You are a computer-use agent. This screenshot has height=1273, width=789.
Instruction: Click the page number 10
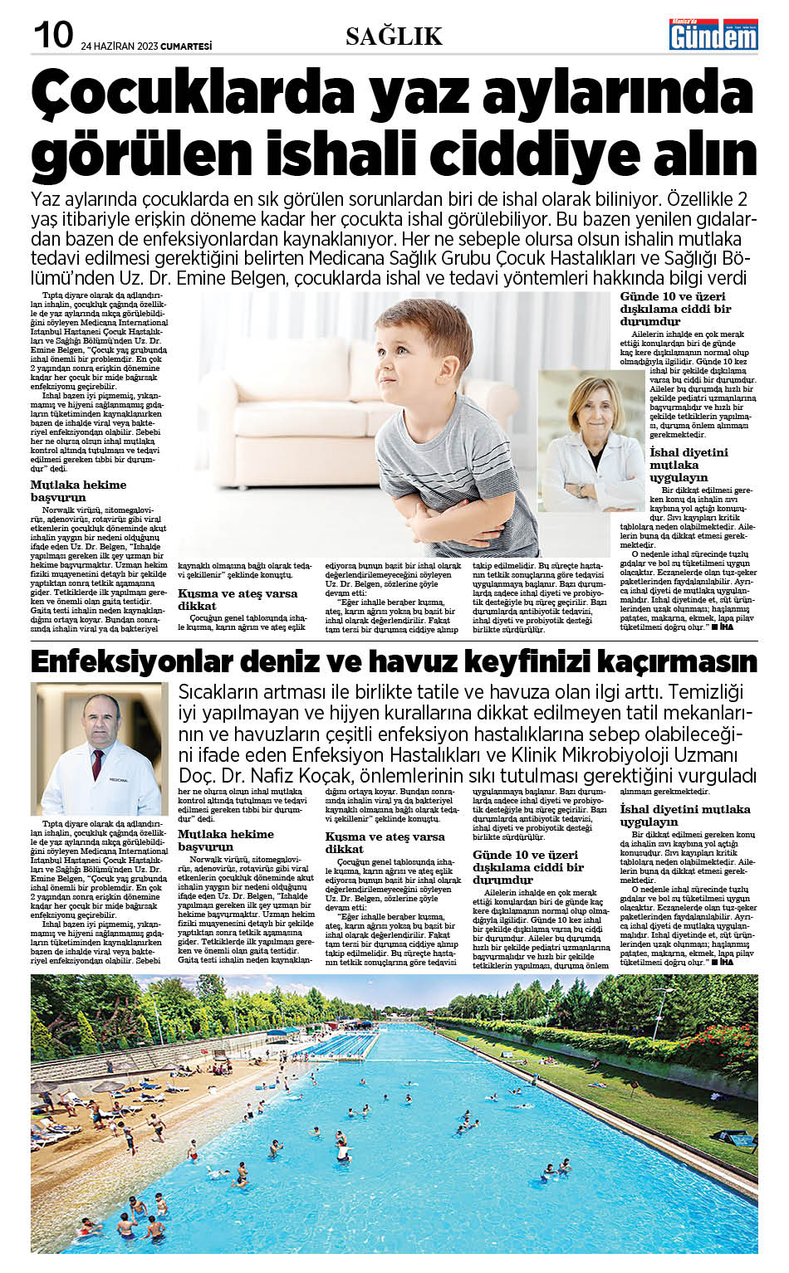coord(52,35)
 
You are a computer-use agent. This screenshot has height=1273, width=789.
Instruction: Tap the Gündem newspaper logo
coord(713,34)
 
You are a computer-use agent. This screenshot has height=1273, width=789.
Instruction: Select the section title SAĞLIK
coord(394,37)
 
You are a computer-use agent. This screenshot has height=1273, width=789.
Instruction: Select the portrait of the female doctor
coord(591,440)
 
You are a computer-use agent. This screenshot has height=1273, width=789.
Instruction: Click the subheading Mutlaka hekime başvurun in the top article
coord(78,490)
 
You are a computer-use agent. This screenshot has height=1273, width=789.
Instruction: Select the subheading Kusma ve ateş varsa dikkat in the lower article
coord(385,842)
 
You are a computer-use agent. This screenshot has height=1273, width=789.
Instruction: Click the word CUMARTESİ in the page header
coord(186,46)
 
